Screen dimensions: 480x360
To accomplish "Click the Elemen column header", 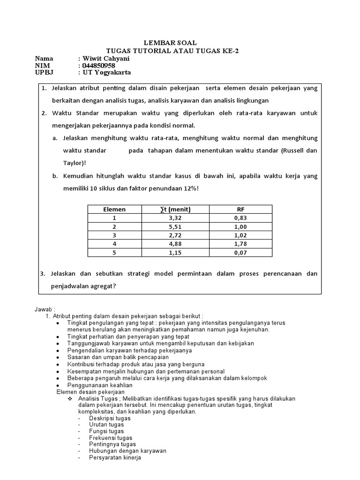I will tap(114, 210).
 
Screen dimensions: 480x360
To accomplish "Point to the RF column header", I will tap(240, 210).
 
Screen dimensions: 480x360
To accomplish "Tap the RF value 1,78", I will tap(240, 244).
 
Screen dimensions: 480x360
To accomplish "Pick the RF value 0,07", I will tap(240, 253).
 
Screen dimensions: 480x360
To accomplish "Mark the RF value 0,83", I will tap(240, 218).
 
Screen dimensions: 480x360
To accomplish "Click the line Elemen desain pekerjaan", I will tap(90, 391).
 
